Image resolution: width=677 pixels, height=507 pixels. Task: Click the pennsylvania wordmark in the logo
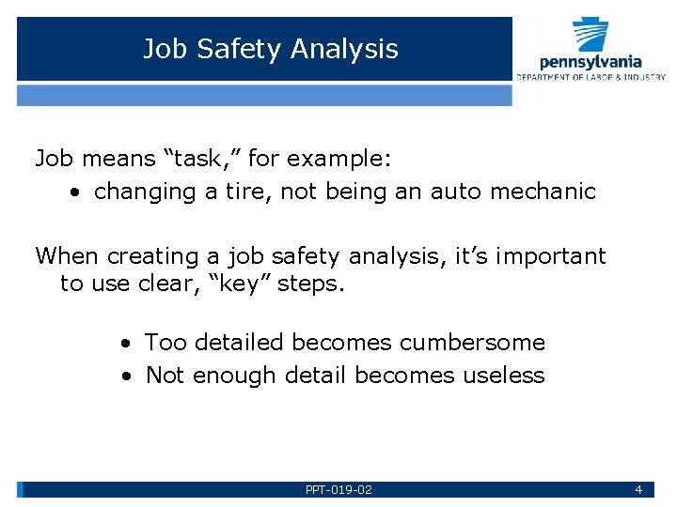click(590, 62)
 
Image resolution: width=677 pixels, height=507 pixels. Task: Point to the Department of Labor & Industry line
click(590, 77)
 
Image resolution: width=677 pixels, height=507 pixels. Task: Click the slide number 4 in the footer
click(638, 489)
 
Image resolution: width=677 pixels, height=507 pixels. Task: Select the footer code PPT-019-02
click(338, 489)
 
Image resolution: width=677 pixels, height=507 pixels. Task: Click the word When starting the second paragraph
click(68, 255)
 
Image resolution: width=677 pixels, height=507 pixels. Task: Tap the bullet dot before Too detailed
click(125, 344)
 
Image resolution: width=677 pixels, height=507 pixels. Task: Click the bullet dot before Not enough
click(125, 376)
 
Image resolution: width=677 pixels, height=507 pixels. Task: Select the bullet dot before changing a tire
click(74, 192)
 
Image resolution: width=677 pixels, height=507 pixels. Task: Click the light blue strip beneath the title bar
click(264, 95)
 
